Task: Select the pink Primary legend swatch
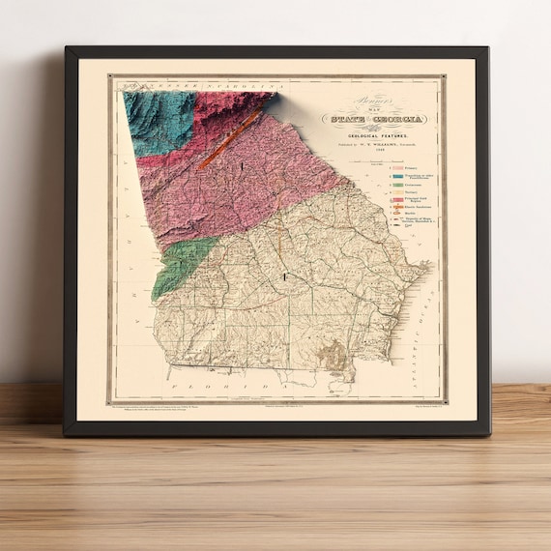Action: click(396, 168)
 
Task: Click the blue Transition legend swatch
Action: click(396, 177)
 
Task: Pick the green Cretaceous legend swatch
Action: click(396, 186)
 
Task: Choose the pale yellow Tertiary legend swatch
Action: click(396, 194)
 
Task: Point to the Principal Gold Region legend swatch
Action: click(396, 202)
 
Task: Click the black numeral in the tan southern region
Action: click(284, 277)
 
